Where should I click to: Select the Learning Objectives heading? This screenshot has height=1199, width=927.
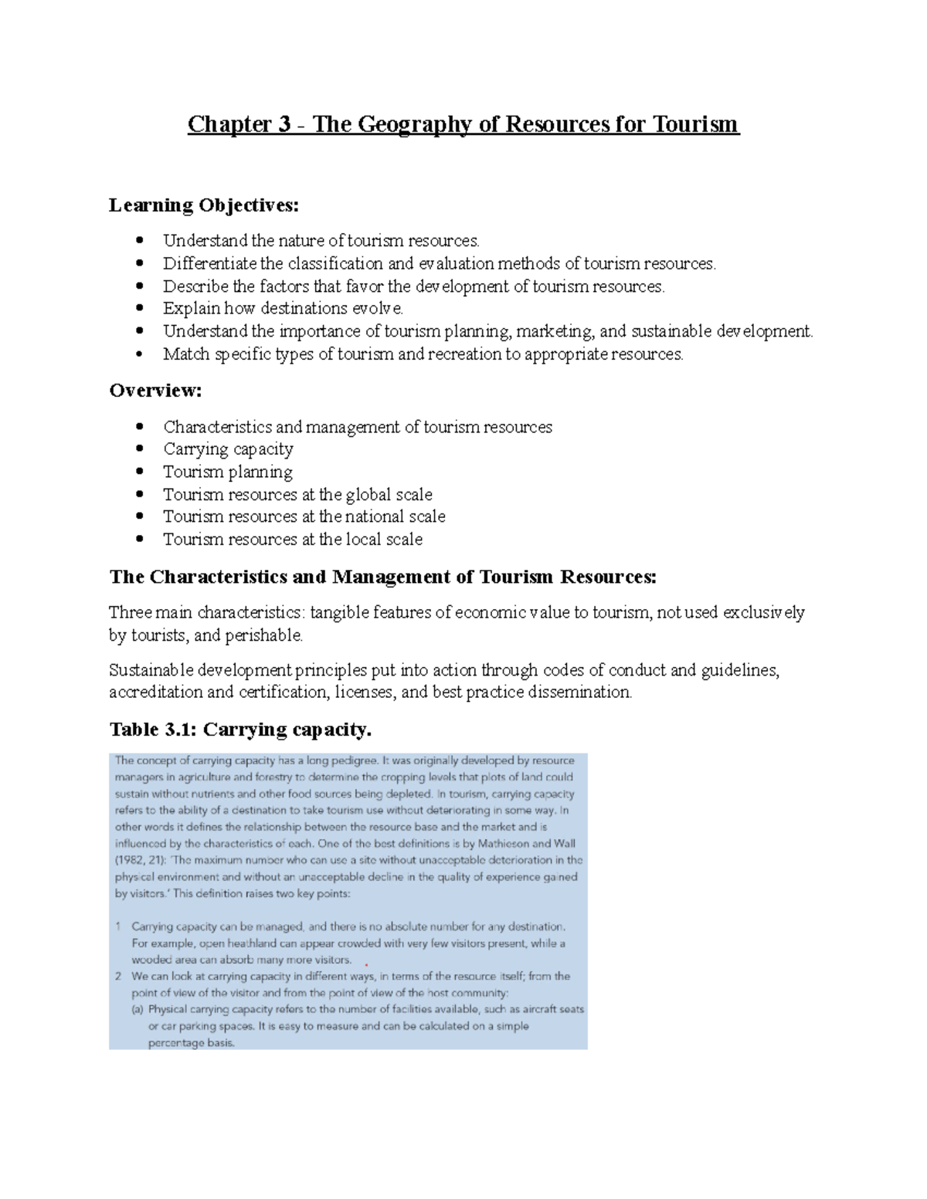coord(203,205)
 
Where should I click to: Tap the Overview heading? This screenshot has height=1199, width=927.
coord(155,391)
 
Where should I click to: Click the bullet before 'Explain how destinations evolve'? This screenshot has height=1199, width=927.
coord(139,309)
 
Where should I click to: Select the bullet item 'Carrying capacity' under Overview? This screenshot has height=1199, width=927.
coord(228,449)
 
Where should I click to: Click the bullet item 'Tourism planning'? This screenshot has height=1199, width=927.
coord(228,472)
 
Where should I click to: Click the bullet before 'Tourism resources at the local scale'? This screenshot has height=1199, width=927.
coord(139,540)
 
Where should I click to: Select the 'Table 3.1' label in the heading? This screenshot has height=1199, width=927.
coord(151,730)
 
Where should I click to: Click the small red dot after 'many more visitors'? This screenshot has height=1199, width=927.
coord(366,965)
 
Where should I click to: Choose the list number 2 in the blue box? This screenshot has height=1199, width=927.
coord(118,977)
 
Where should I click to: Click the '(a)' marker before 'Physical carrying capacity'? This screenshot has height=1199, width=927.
coord(138,1010)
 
